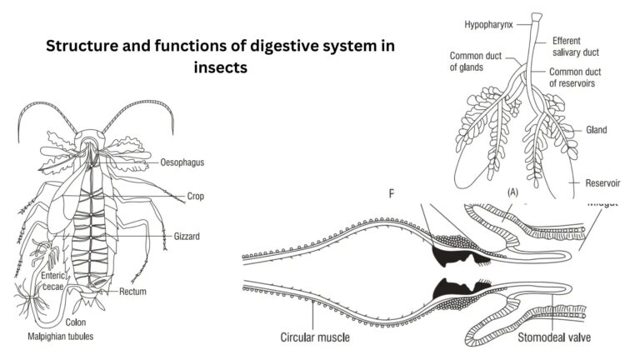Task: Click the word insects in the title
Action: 219,69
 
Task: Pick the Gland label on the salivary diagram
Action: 596,130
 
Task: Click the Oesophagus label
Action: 182,163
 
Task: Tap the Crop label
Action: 196,197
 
